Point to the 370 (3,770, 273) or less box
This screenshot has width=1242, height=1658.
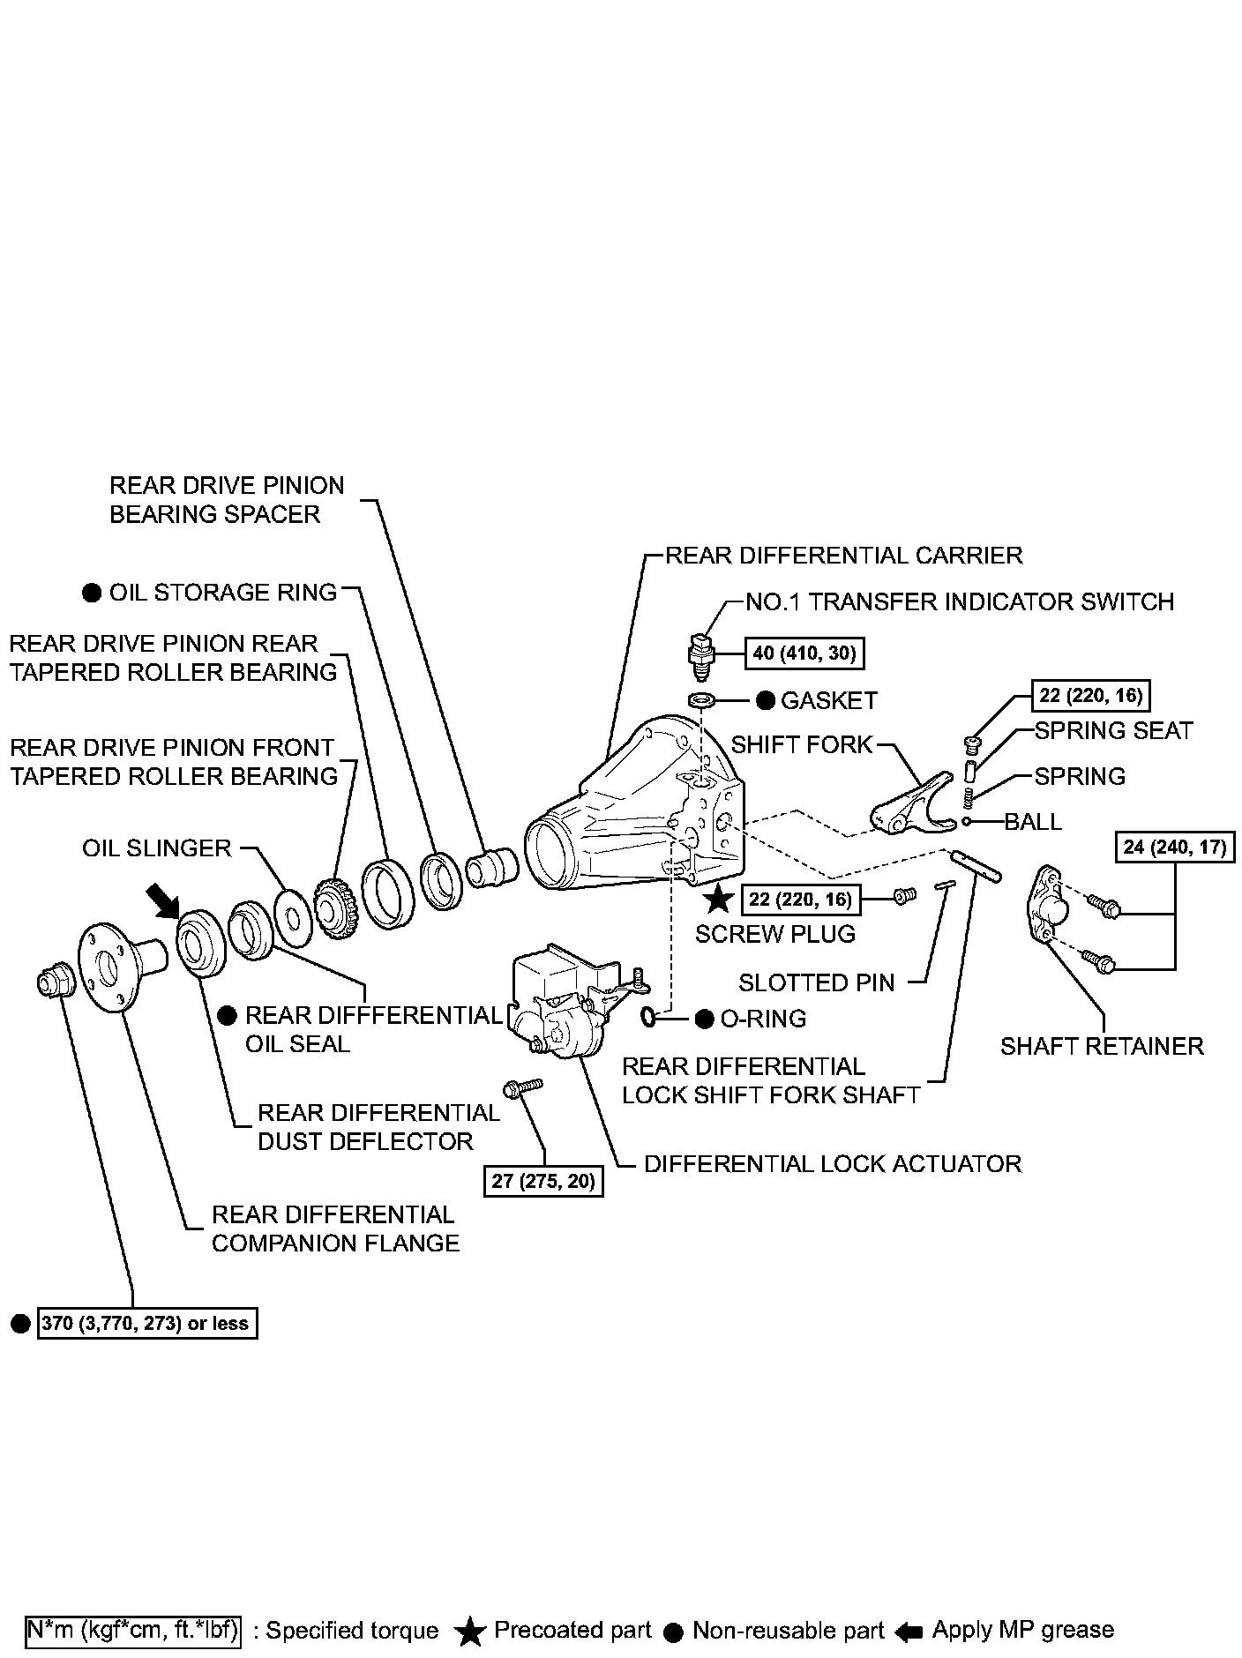click(x=146, y=1324)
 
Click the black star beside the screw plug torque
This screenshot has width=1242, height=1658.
click(x=719, y=900)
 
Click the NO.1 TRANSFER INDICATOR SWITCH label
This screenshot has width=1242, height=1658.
click(x=960, y=601)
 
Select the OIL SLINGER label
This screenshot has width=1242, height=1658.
click(x=156, y=848)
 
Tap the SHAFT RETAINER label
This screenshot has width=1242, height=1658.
click(x=1101, y=1046)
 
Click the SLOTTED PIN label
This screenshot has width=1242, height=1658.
click(x=816, y=982)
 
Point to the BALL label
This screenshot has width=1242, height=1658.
click(x=1033, y=822)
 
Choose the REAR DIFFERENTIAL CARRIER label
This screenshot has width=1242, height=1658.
click(x=843, y=556)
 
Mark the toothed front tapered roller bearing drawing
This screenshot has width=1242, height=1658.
click(x=335, y=906)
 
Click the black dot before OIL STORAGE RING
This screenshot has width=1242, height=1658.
click(x=91, y=593)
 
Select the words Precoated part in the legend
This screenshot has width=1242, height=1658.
click(x=572, y=1630)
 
